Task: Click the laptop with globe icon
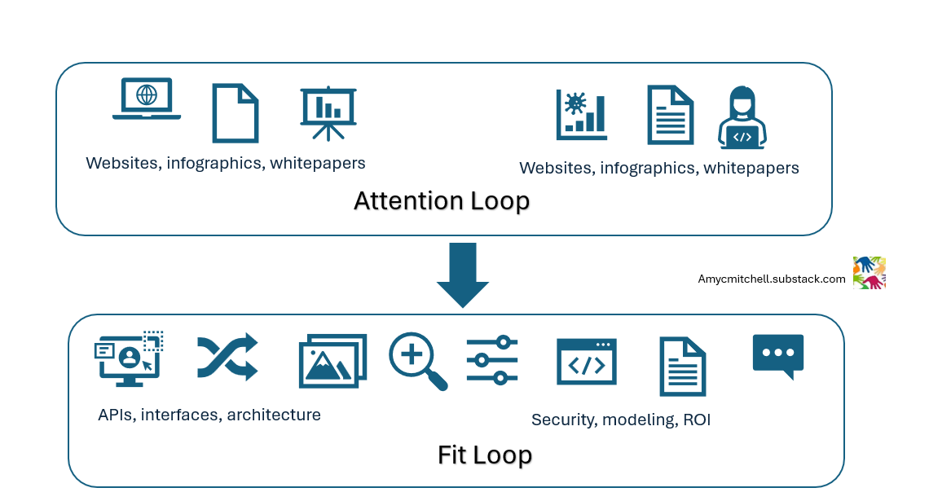tap(147, 99)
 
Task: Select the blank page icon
tap(236, 113)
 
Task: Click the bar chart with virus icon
tap(581, 114)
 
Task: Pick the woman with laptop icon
tap(742, 118)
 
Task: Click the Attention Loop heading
tap(442, 200)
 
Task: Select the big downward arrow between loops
tap(463, 273)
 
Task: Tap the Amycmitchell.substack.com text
tap(771, 279)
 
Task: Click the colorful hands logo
tap(869, 273)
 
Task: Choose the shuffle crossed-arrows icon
tap(227, 357)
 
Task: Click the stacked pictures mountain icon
tap(332, 361)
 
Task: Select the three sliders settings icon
tap(492, 360)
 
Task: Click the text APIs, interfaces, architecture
tap(209, 415)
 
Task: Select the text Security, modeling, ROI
tap(621, 420)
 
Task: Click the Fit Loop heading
tap(485, 455)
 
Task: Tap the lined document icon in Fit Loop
tap(682, 367)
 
